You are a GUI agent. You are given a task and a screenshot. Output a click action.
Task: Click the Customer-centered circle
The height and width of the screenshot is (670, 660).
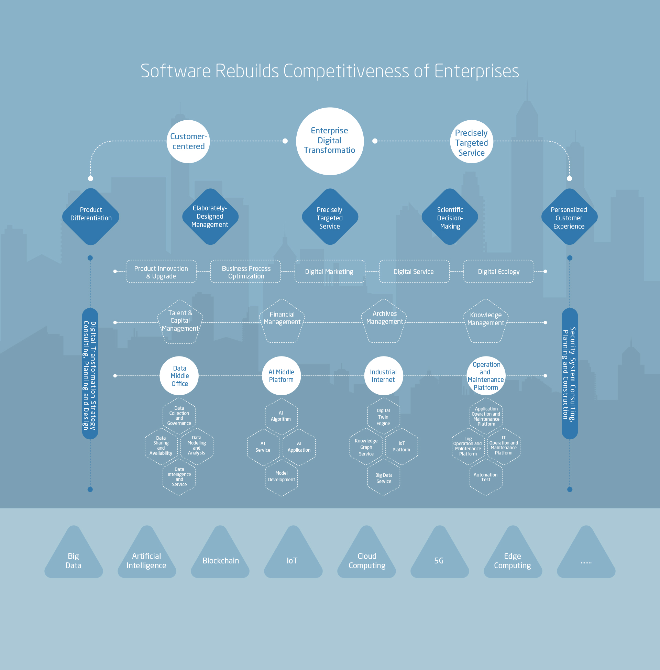(x=188, y=141)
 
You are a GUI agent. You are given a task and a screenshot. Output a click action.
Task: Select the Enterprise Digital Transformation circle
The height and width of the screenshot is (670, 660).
(x=330, y=141)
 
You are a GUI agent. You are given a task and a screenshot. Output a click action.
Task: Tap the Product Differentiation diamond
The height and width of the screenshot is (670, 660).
(x=91, y=217)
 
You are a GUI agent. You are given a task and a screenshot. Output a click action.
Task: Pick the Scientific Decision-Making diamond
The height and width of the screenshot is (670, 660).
(x=450, y=217)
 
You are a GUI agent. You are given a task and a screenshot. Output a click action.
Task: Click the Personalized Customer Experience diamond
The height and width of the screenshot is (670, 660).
(x=569, y=217)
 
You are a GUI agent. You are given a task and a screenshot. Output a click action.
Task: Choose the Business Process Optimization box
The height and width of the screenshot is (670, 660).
(x=246, y=272)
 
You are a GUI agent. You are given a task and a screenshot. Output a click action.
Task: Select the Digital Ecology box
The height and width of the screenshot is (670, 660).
(x=498, y=272)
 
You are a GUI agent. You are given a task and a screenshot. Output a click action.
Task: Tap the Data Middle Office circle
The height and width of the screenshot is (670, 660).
(x=179, y=376)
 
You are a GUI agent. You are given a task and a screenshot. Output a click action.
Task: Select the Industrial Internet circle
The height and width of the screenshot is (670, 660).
(x=383, y=376)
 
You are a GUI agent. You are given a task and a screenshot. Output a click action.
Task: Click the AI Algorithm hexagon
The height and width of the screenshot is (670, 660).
(x=281, y=416)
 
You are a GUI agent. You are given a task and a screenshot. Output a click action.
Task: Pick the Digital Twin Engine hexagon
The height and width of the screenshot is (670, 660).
(x=383, y=417)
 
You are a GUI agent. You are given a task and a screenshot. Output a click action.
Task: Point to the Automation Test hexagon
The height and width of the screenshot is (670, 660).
(x=486, y=477)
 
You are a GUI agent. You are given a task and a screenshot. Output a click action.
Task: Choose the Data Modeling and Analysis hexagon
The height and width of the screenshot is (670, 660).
(x=197, y=446)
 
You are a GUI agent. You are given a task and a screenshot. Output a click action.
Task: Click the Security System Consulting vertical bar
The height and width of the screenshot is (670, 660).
(x=570, y=374)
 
